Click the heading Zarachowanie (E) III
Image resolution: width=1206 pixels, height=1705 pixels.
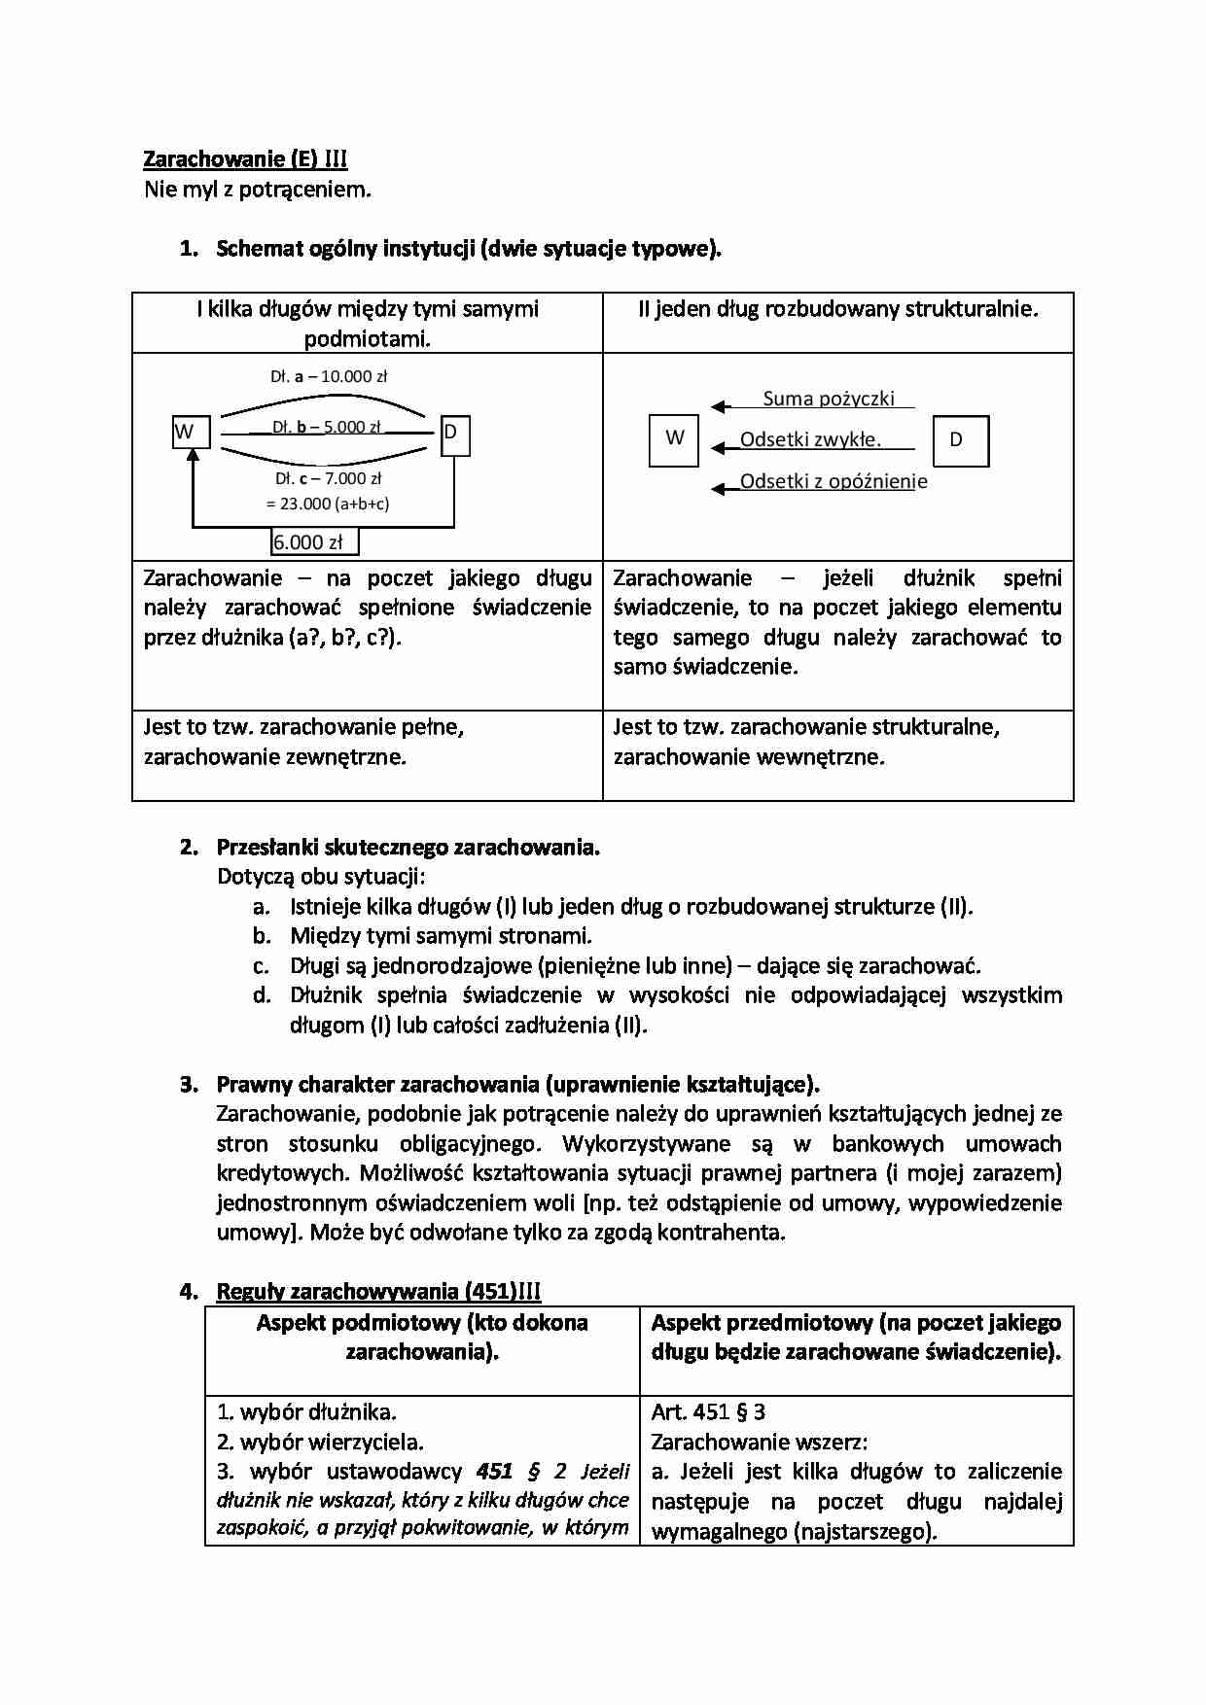tap(245, 159)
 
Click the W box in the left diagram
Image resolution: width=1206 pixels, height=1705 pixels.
tap(191, 432)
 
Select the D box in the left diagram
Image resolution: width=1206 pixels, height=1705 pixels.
tap(454, 435)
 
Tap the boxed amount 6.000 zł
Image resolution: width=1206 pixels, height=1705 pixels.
tap(314, 542)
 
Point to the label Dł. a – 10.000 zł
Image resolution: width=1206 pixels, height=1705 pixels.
tap(329, 376)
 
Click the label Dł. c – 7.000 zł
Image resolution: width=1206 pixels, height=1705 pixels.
tap(328, 478)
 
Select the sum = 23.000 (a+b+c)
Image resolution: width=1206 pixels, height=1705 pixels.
tap(328, 504)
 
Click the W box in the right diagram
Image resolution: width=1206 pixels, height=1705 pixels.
tap(674, 440)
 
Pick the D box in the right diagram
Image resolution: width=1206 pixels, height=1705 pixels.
tap(961, 440)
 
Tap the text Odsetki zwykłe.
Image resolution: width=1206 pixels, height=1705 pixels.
tap(810, 439)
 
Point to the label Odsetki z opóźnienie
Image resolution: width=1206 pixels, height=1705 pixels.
tap(833, 481)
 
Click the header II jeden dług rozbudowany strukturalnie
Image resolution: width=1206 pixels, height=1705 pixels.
tap(837, 309)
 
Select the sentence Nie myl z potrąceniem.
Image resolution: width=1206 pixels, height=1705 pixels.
tap(258, 190)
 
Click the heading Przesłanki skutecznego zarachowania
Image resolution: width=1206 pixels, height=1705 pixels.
tap(408, 847)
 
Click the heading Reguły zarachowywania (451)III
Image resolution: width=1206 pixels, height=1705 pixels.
tap(378, 1291)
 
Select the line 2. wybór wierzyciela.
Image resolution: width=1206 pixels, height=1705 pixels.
tap(319, 1442)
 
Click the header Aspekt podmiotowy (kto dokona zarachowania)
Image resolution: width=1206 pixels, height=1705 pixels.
tap(422, 1337)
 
